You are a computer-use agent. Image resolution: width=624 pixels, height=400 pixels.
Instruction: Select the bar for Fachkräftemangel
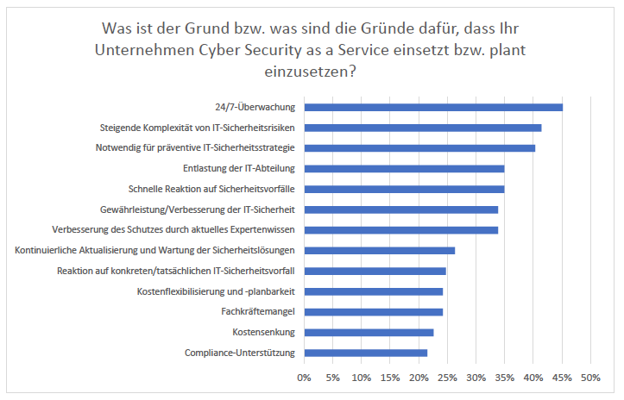pyautogui.click(x=373, y=311)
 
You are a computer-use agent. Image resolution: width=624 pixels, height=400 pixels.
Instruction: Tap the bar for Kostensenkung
pyautogui.click(x=369, y=332)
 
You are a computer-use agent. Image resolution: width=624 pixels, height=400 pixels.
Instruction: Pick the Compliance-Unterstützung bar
pyautogui.click(x=365, y=353)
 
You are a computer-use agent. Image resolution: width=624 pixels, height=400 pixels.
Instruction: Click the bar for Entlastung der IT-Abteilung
pyautogui.click(x=404, y=168)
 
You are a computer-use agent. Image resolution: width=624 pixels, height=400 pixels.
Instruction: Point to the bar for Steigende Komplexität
pyautogui.click(x=423, y=128)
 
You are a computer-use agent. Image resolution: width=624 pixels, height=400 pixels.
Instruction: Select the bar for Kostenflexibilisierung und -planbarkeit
pyautogui.click(x=373, y=291)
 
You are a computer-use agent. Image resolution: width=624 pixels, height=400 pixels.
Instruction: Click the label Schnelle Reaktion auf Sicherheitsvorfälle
pyautogui.click(x=212, y=189)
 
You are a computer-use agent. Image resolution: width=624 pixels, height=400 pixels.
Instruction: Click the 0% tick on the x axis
pyautogui.click(x=304, y=378)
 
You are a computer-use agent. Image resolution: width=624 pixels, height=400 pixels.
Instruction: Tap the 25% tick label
pyautogui.click(x=447, y=378)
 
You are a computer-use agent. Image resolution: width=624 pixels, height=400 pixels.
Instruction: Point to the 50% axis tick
pyautogui.click(x=590, y=378)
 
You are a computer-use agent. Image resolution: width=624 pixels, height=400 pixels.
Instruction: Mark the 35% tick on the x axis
pyautogui.click(x=504, y=378)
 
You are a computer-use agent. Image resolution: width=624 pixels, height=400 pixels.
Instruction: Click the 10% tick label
pyautogui.click(x=361, y=378)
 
